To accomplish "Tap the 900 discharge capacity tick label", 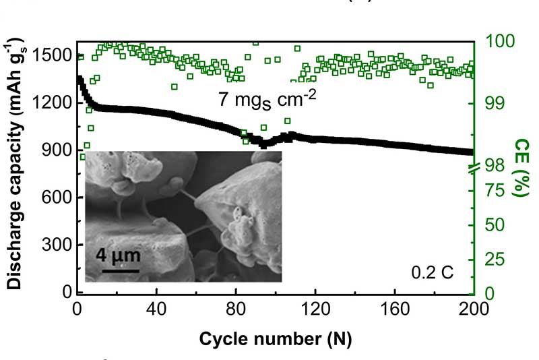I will point(57,150).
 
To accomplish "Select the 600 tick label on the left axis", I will point(57,198).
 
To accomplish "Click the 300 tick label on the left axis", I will point(57,245).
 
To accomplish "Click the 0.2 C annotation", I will point(433,273).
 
